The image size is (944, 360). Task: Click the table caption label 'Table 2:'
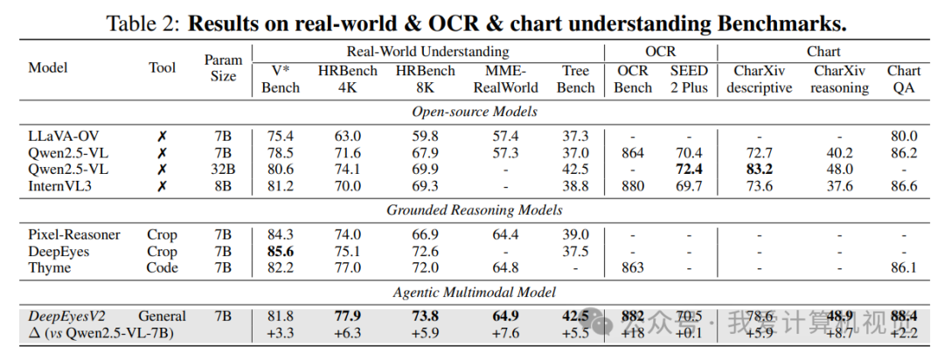(142, 23)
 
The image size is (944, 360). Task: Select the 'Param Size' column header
(223, 68)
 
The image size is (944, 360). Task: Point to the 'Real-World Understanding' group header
(427, 52)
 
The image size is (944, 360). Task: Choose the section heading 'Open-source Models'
(475, 112)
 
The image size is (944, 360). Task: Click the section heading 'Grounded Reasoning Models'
(475, 210)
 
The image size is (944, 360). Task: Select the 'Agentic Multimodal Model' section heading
(475, 293)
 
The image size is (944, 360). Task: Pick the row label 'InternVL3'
(59, 186)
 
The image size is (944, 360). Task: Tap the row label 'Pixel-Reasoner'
(73, 234)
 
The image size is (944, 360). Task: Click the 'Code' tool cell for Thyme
(162, 267)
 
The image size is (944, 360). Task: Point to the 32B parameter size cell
(223, 170)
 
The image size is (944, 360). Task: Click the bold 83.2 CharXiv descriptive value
(759, 170)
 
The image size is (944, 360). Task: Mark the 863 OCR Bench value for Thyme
(633, 267)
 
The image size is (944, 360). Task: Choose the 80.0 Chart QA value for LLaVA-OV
(903, 136)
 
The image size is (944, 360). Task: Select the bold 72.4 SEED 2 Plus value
(690, 170)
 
